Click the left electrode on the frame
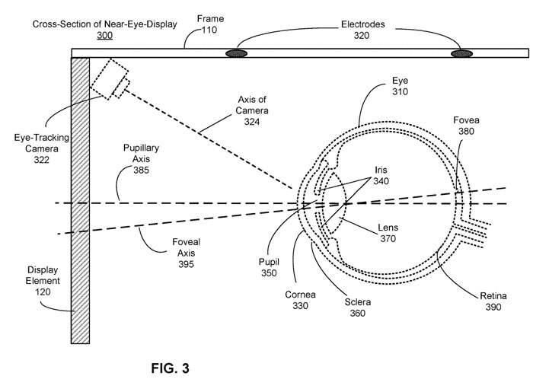237,53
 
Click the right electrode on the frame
461,53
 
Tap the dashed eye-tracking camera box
110,78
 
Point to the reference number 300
105,36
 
